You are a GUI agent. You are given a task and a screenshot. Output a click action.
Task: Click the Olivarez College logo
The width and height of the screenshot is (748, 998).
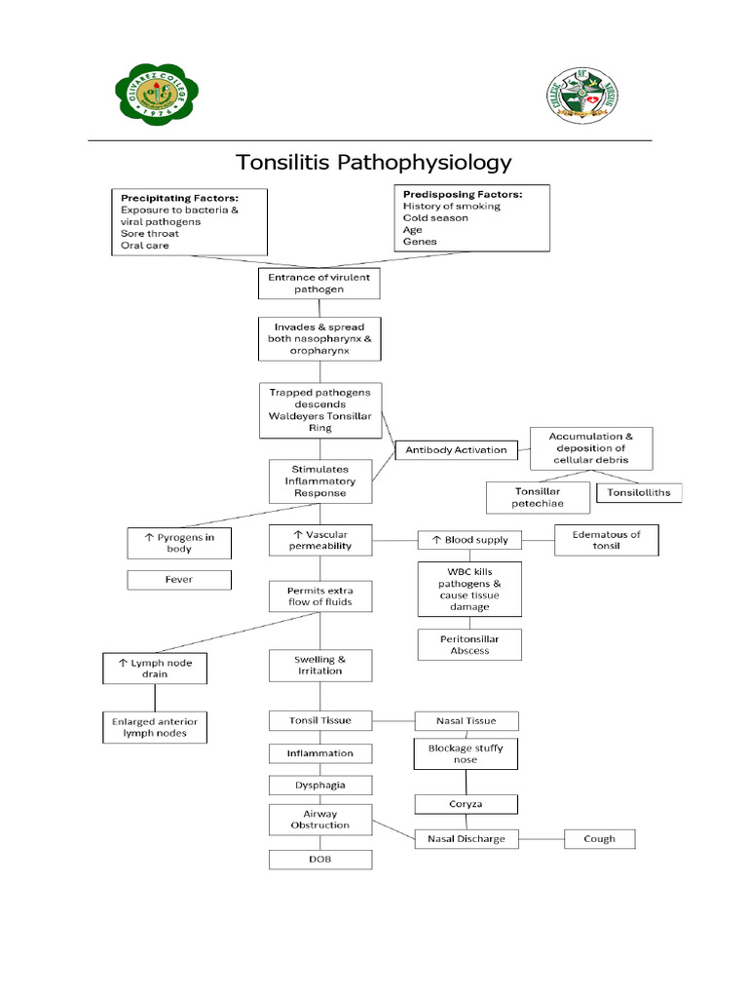tap(144, 92)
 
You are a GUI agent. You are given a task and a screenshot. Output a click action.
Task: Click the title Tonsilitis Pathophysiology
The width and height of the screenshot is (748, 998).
tap(375, 162)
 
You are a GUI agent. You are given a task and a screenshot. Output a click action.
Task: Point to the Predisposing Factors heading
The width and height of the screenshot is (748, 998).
tap(462, 194)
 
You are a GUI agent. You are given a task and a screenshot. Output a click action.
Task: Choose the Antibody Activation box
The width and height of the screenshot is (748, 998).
tap(456, 449)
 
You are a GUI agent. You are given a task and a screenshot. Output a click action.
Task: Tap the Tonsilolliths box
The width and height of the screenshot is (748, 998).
tap(639, 493)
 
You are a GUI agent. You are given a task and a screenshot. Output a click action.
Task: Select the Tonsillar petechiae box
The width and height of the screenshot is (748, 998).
tap(538, 497)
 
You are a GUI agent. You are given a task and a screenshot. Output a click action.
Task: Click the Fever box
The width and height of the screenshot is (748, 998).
tap(179, 580)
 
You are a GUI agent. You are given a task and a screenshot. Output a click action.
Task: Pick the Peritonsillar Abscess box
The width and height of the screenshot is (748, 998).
tap(469, 644)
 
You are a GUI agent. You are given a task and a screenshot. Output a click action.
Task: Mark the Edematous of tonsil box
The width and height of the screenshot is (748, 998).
tap(607, 540)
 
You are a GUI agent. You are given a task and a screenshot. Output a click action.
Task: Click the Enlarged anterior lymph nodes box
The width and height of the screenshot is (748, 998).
tap(154, 727)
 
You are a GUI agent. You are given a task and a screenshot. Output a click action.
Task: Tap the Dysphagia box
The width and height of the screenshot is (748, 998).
tap(320, 785)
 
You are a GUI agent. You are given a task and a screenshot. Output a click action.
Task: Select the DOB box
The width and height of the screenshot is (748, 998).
tap(320, 859)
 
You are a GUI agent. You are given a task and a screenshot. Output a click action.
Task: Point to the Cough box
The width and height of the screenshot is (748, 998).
tap(599, 838)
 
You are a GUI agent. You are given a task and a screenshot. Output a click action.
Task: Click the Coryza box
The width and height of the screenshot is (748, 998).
tap(466, 804)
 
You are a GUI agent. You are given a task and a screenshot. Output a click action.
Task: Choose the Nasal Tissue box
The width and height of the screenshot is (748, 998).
tap(467, 721)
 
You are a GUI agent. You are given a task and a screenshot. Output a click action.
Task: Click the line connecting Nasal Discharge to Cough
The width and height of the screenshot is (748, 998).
tap(541, 838)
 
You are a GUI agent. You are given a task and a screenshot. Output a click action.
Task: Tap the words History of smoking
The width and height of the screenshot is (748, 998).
tap(452, 207)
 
